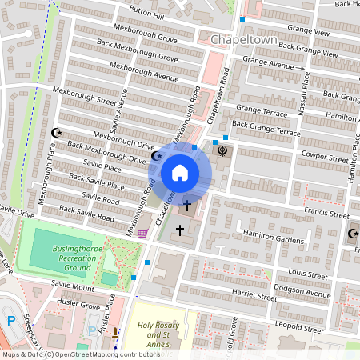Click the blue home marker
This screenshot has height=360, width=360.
(x=180, y=173)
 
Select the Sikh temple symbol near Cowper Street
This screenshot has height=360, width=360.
(x=222, y=150)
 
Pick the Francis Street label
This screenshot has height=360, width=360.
(x=327, y=214)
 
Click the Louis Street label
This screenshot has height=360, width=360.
(x=309, y=274)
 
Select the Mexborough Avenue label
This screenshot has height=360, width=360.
(x=143, y=72)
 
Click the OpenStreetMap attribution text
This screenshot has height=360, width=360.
(x=81, y=354)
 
